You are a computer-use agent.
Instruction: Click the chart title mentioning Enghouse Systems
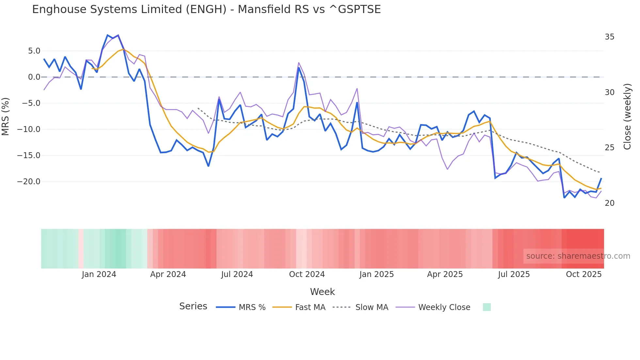click(206, 9)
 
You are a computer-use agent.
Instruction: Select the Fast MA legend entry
click(299, 307)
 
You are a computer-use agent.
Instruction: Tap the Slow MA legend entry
click(360, 307)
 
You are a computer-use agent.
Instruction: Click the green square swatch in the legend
click(487, 307)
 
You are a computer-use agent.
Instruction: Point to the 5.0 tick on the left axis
click(34, 51)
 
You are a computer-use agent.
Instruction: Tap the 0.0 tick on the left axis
click(34, 77)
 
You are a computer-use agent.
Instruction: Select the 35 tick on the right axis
click(609, 37)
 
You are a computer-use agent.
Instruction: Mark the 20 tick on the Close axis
click(609, 203)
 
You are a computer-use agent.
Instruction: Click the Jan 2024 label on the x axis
click(99, 274)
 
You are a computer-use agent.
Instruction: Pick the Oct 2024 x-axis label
click(307, 274)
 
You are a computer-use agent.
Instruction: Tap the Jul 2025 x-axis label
click(514, 274)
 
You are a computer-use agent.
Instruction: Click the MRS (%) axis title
click(6, 116)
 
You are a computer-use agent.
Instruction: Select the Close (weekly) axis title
click(627, 116)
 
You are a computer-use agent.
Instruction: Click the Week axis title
click(322, 292)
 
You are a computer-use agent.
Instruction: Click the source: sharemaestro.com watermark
click(578, 256)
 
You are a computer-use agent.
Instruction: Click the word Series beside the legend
click(193, 306)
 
